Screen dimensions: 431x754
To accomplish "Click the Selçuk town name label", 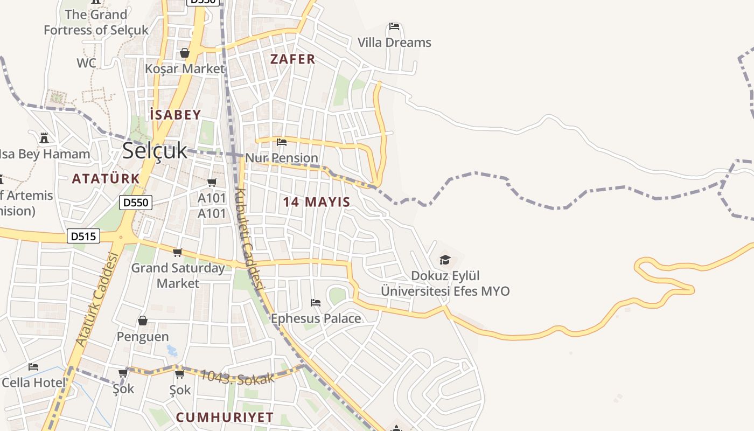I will [155, 151].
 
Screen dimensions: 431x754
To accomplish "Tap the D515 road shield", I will [83, 236].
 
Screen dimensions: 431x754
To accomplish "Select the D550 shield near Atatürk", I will [136, 203].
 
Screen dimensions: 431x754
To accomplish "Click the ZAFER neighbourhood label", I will [292, 59].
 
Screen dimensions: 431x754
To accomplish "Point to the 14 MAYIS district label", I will [317, 202].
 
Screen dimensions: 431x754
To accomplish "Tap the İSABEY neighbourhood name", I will [176, 115].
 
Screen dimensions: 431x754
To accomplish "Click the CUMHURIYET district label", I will [225, 418].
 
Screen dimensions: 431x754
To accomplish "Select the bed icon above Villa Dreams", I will [394, 26].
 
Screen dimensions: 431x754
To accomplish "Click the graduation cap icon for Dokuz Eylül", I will [445, 260].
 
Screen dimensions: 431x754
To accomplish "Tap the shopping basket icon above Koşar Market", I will [185, 53].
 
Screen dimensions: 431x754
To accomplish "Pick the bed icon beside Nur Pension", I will [282, 142].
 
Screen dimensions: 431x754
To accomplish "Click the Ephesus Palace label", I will [316, 318].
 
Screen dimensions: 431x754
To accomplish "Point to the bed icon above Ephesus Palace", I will [316, 303].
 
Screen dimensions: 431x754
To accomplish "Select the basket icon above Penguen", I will [143, 321].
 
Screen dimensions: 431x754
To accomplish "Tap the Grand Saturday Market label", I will [178, 275].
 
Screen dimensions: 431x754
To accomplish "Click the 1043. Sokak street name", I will [237, 376].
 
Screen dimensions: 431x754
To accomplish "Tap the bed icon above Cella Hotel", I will [33, 367].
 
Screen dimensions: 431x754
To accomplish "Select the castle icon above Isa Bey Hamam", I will [44, 138].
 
